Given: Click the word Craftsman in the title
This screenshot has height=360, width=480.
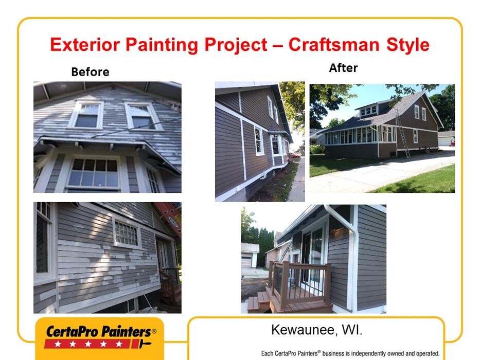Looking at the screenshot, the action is point(334,45).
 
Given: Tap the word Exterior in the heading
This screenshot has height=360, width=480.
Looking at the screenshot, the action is point(85,45).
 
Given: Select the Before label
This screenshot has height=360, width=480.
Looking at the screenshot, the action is point(90,72).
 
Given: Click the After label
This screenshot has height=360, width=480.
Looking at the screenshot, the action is point(343,68).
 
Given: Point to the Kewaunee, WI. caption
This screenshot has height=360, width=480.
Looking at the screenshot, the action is point(316,330).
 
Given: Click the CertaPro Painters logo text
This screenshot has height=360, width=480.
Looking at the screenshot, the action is point(101,332).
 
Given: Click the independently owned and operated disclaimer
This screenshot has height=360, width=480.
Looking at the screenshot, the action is point(350,353).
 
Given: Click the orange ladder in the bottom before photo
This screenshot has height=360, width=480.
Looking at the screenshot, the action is point(170,217).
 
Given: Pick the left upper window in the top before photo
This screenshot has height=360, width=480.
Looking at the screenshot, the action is point(86,115).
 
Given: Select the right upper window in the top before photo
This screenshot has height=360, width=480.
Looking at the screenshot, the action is point(143,116).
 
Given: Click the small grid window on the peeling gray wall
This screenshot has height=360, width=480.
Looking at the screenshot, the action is point(127,233).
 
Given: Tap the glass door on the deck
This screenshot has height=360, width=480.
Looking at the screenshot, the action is point(312,257).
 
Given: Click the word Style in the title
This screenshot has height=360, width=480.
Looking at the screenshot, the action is point(408,45).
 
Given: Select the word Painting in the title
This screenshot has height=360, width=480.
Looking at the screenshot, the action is point(162,45).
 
